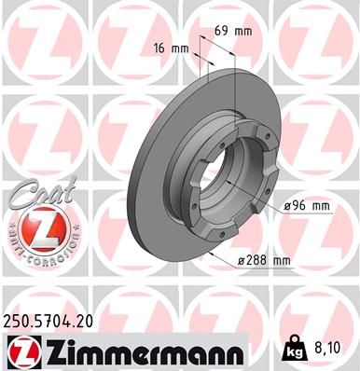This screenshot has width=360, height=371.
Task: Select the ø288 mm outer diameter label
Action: (x=263, y=259)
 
